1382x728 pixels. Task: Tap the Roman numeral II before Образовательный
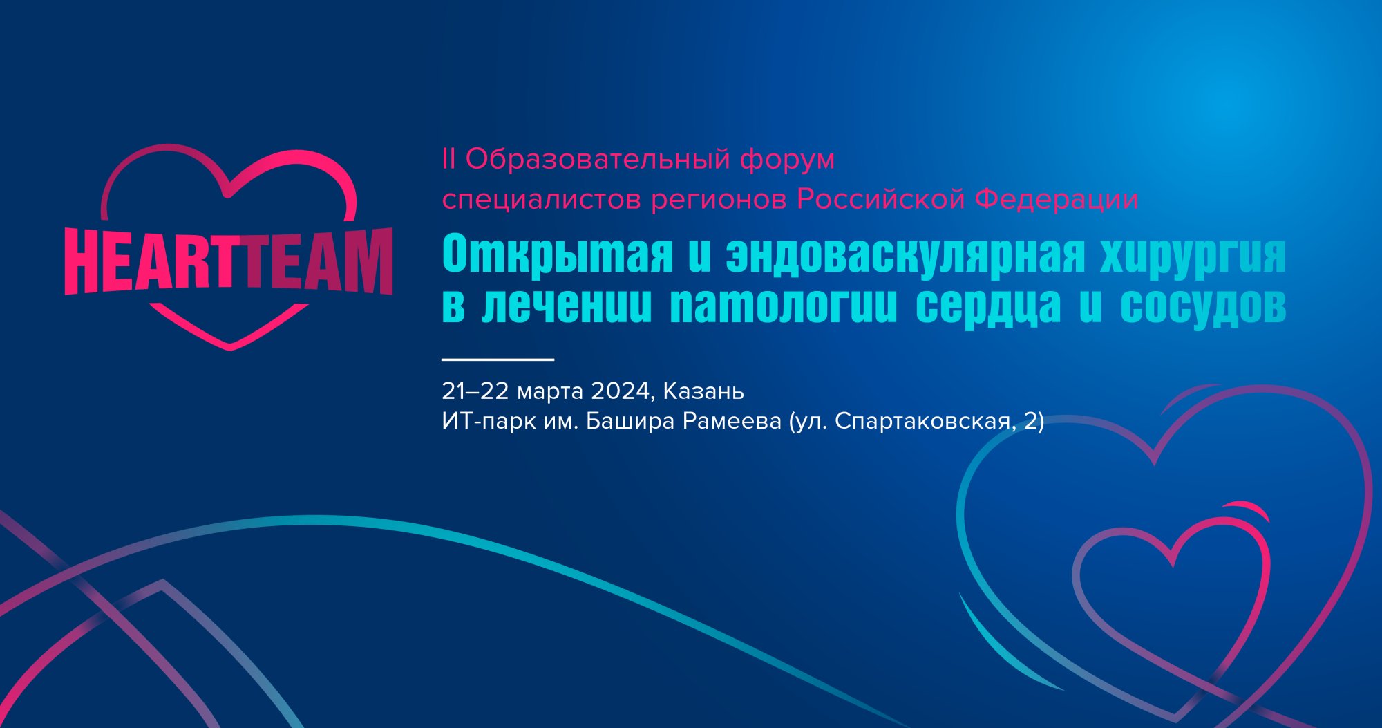[x=448, y=160]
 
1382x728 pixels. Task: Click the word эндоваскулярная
[x=905, y=254]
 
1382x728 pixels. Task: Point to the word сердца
[x=988, y=306]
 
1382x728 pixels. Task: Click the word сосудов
[x=1203, y=306]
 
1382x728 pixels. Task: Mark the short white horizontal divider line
[x=498, y=360]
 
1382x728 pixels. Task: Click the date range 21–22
[x=475, y=391]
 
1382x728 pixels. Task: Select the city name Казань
[x=703, y=391]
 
